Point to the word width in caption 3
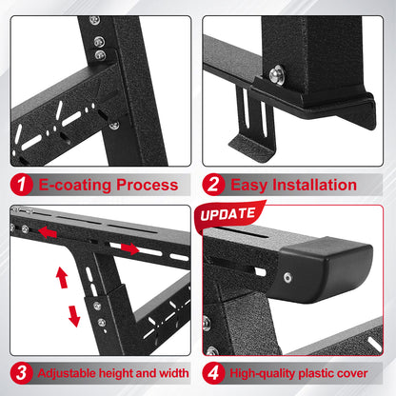click(x=170, y=373)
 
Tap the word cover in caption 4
click(x=364, y=373)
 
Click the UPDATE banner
click(x=228, y=214)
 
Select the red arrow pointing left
click(x=47, y=231)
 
